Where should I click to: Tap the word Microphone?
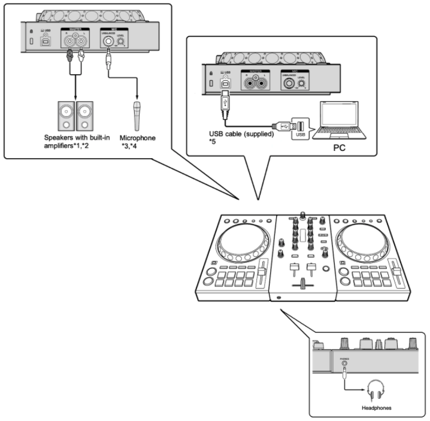point(137,138)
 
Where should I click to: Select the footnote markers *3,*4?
point(128,147)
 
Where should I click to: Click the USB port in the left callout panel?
point(45,42)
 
